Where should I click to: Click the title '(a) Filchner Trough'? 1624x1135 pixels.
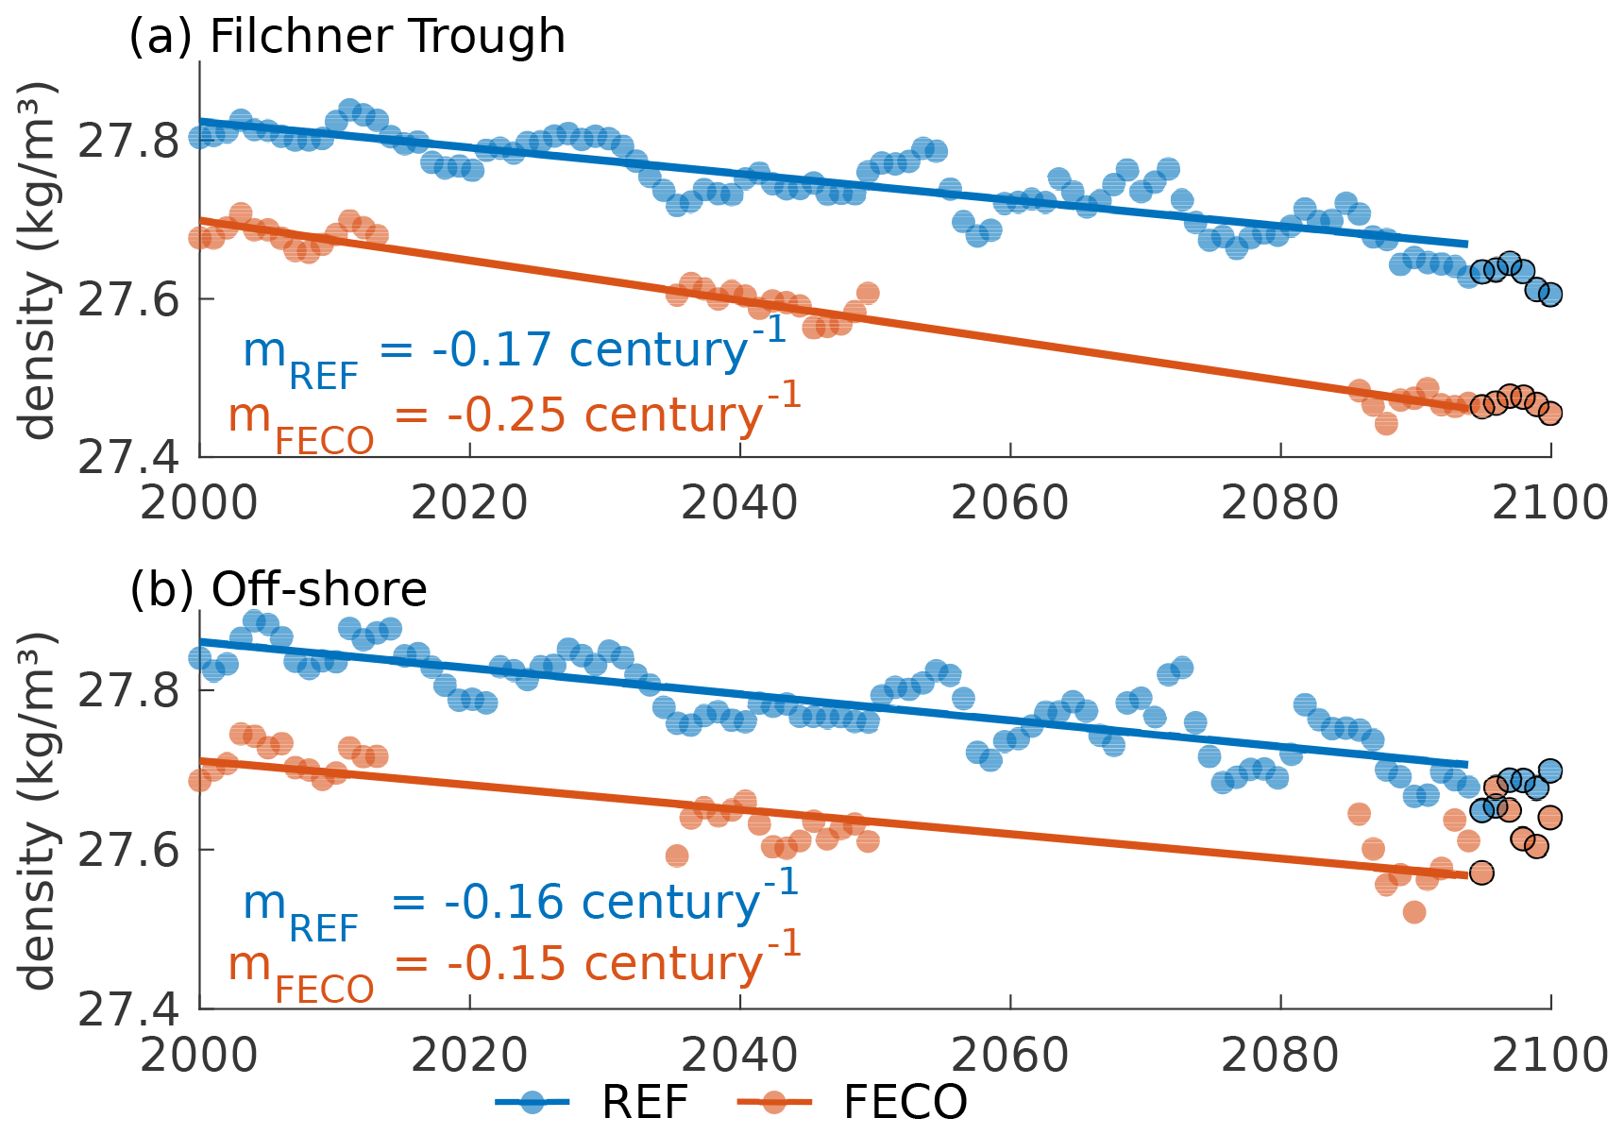tap(347, 37)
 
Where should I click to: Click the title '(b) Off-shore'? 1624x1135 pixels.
tap(279, 589)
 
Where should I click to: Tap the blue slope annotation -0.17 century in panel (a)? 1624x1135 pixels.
tap(515, 350)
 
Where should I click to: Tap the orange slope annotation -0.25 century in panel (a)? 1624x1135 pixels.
tap(515, 415)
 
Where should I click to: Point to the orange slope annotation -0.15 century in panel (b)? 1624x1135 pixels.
tap(515, 964)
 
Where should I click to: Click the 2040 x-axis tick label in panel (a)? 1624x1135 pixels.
tap(739, 503)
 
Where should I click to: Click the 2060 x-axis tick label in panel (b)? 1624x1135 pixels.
tap(1009, 1056)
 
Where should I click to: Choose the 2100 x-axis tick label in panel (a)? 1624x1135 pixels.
tap(1549, 503)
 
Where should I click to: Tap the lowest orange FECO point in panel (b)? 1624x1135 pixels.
tap(1413, 912)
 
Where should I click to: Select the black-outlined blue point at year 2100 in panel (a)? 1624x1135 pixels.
tap(1549, 294)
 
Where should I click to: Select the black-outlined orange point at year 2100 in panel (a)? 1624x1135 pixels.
tap(1549, 413)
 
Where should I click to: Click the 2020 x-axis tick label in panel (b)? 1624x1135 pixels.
tap(469, 1056)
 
